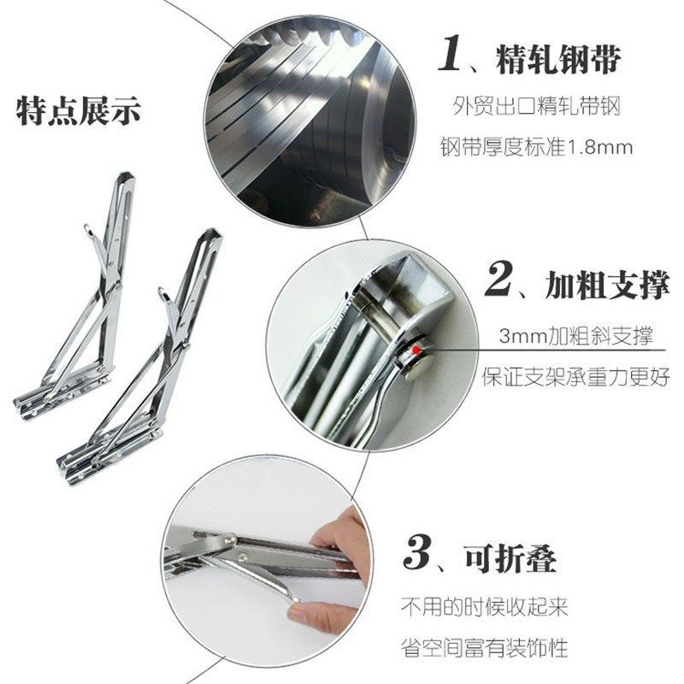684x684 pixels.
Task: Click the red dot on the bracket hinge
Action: coord(416,350)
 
